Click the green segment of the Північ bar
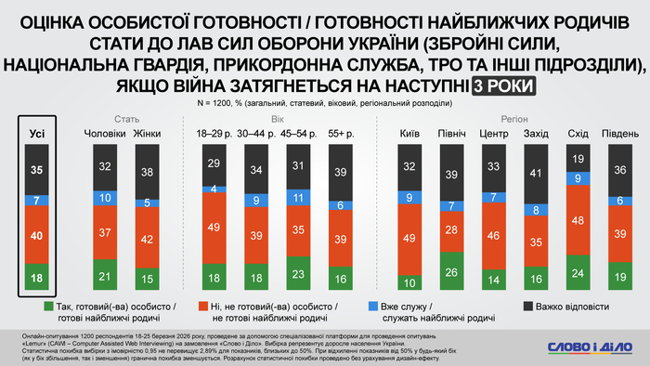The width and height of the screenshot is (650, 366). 452,271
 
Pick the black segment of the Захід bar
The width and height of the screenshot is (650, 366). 538,172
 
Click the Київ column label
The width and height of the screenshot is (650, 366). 409,135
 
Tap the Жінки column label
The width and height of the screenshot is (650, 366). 148,135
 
